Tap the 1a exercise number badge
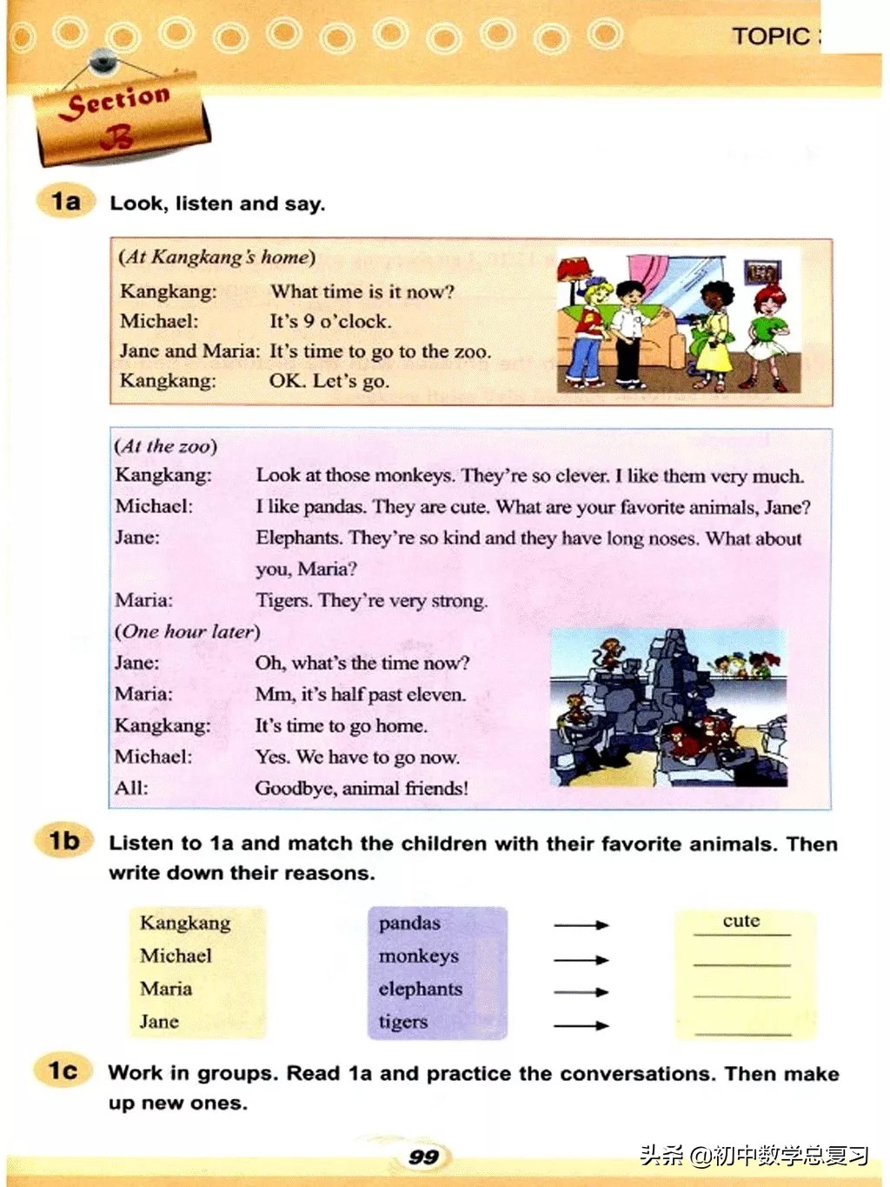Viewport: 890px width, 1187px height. (64, 202)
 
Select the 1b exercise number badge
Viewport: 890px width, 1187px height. (64, 841)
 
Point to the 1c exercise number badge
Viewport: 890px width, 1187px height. (63, 1070)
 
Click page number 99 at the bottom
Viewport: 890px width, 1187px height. (423, 1157)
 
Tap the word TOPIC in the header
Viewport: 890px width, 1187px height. (770, 37)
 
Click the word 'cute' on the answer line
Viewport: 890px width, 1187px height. (741, 921)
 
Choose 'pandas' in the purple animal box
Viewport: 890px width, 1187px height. (409, 923)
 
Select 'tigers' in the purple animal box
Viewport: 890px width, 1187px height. (403, 1022)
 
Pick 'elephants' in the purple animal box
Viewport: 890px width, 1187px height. (421, 989)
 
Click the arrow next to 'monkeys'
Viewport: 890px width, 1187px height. (581, 959)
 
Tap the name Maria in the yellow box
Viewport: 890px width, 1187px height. (166, 989)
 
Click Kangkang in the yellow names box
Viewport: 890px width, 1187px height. (185, 923)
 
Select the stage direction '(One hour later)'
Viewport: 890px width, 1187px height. (187, 631)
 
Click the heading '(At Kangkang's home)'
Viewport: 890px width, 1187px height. (216, 257)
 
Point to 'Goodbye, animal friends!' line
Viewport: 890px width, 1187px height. (362, 788)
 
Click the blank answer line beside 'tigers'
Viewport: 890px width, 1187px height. (743, 1031)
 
